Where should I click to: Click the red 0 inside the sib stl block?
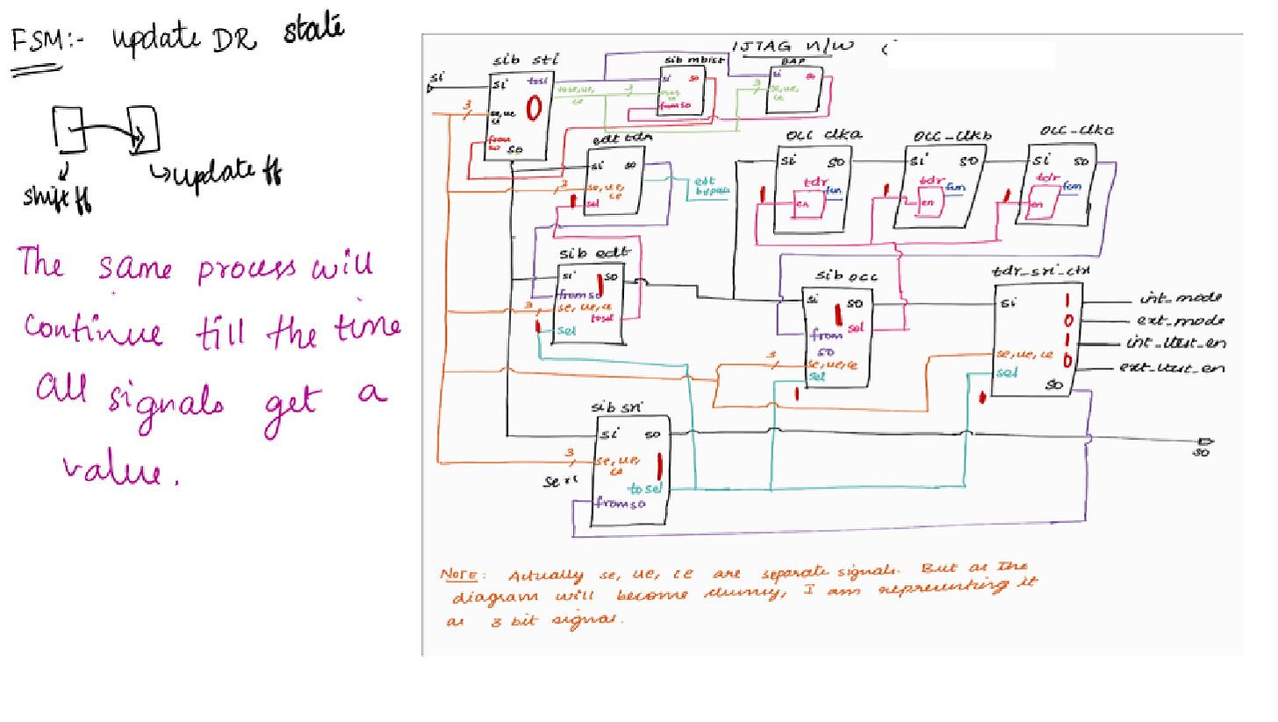pos(533,110)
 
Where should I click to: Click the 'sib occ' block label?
pos(836,277)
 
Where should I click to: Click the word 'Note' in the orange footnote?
pos(458,575)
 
